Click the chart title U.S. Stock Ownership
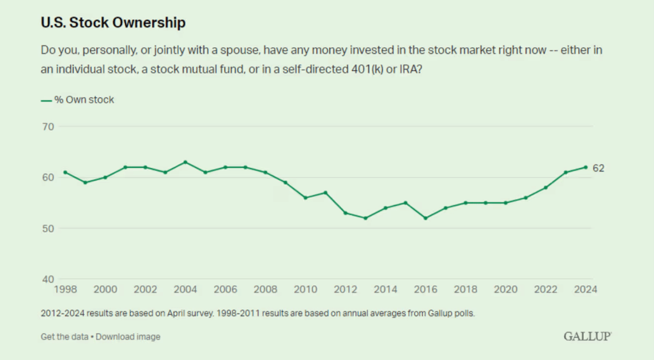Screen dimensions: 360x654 click(x=113, y=23)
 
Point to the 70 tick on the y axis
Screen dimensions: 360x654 click(x=47, y=126)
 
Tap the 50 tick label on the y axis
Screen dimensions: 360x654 click(x=47, y=229)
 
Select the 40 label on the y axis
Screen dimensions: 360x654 click(x=47, y=279)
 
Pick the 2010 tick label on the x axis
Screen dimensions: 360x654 click(x=305, y=290)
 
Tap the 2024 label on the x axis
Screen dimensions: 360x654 click(x=586, y=290)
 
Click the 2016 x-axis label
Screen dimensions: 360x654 click(x=425, y=290)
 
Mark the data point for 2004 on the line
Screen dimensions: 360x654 click(x=185, y=162)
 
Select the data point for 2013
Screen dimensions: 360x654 click(x=365, y=218)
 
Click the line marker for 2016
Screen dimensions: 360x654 click(x=425, y=218)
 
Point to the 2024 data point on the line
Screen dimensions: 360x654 click(x=586, y=167)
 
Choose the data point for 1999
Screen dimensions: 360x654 click(x=85, y=183)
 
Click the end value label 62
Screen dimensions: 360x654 click(x=598, y=169)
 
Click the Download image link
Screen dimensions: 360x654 click(x=128, y=336)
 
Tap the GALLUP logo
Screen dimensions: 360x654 click(x=588, y=336)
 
